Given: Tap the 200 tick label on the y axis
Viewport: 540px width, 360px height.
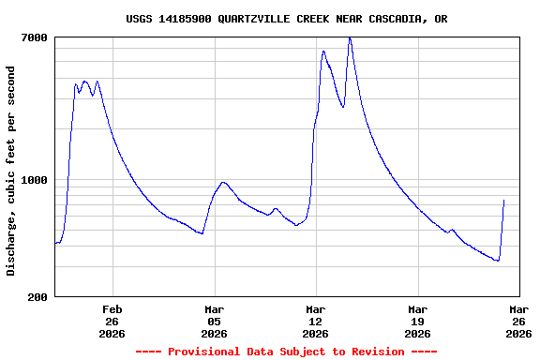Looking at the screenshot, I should [38, 297].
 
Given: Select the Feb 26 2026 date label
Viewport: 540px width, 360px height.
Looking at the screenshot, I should [112, 320].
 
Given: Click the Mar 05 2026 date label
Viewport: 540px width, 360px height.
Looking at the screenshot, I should [214, 320].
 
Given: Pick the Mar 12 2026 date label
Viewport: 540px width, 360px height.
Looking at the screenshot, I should [316, 320].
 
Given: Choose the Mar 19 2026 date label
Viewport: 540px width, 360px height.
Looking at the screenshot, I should [417, 320].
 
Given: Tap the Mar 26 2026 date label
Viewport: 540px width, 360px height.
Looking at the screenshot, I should [518, 320].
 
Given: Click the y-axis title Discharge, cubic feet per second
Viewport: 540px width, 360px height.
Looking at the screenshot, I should [11, 171].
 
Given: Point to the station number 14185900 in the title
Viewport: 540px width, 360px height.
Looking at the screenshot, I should [178, 19].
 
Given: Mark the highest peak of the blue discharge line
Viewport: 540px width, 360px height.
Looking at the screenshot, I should [350, 38].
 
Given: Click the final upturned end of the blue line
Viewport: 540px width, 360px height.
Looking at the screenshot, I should [504, 201].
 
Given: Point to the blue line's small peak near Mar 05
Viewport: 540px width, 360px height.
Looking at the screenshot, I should [223, 182].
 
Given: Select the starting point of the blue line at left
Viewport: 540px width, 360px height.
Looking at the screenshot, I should [55, 244].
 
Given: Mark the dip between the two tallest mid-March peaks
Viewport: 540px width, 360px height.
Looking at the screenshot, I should [342, 107].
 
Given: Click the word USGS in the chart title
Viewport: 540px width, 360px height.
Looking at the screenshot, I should [139, 19].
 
